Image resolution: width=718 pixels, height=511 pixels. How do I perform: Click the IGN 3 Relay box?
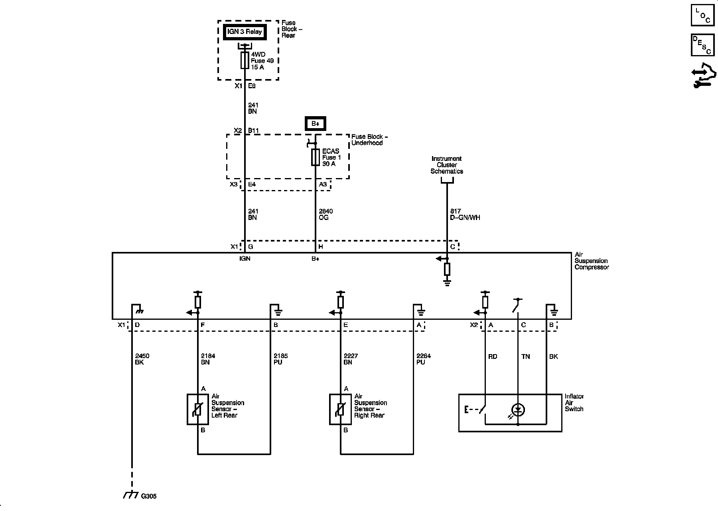245,32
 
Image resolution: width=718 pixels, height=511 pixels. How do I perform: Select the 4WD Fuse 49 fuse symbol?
245,60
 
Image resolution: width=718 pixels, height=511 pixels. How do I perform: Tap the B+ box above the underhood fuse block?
316,123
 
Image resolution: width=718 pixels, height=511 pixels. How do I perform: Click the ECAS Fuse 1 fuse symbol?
315,157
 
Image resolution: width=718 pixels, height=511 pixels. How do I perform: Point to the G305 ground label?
149,496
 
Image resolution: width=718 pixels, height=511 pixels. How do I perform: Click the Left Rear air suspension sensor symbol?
198,409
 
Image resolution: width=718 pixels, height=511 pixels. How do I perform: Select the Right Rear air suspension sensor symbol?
340,409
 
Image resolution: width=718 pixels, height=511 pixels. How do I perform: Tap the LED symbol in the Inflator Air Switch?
518,410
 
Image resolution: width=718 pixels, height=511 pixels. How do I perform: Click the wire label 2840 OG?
325,214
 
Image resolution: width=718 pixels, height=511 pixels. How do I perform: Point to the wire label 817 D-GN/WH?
465,214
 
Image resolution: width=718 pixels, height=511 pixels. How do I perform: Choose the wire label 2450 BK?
142,359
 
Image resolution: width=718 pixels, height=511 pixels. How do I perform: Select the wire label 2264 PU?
424,359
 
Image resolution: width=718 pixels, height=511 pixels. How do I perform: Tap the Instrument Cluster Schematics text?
447,165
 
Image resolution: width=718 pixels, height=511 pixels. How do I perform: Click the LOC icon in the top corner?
702,15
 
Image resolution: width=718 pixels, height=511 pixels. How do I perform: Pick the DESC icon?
702,45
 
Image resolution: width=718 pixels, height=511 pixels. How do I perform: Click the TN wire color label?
525,357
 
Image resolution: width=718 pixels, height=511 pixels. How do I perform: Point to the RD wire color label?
493,357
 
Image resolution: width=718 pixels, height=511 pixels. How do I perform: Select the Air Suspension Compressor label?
592,261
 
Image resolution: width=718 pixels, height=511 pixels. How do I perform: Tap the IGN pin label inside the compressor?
245,259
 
